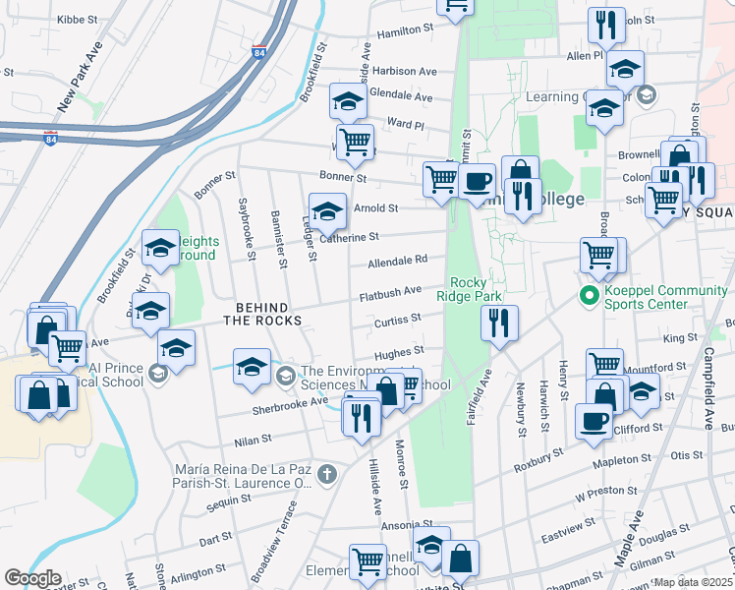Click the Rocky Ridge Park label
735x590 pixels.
tap(477, 289)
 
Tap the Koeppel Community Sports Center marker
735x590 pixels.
tap(590, 294)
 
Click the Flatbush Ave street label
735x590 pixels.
tap(390, 292)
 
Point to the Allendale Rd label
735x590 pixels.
tap(397, 261)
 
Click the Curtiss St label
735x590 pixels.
tap(397, 319)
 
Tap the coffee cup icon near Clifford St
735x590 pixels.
tap(594, 421)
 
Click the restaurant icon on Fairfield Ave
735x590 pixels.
tap(499, 323)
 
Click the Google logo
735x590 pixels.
tap(32, 578)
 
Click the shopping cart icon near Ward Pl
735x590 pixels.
tap(354, 141)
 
